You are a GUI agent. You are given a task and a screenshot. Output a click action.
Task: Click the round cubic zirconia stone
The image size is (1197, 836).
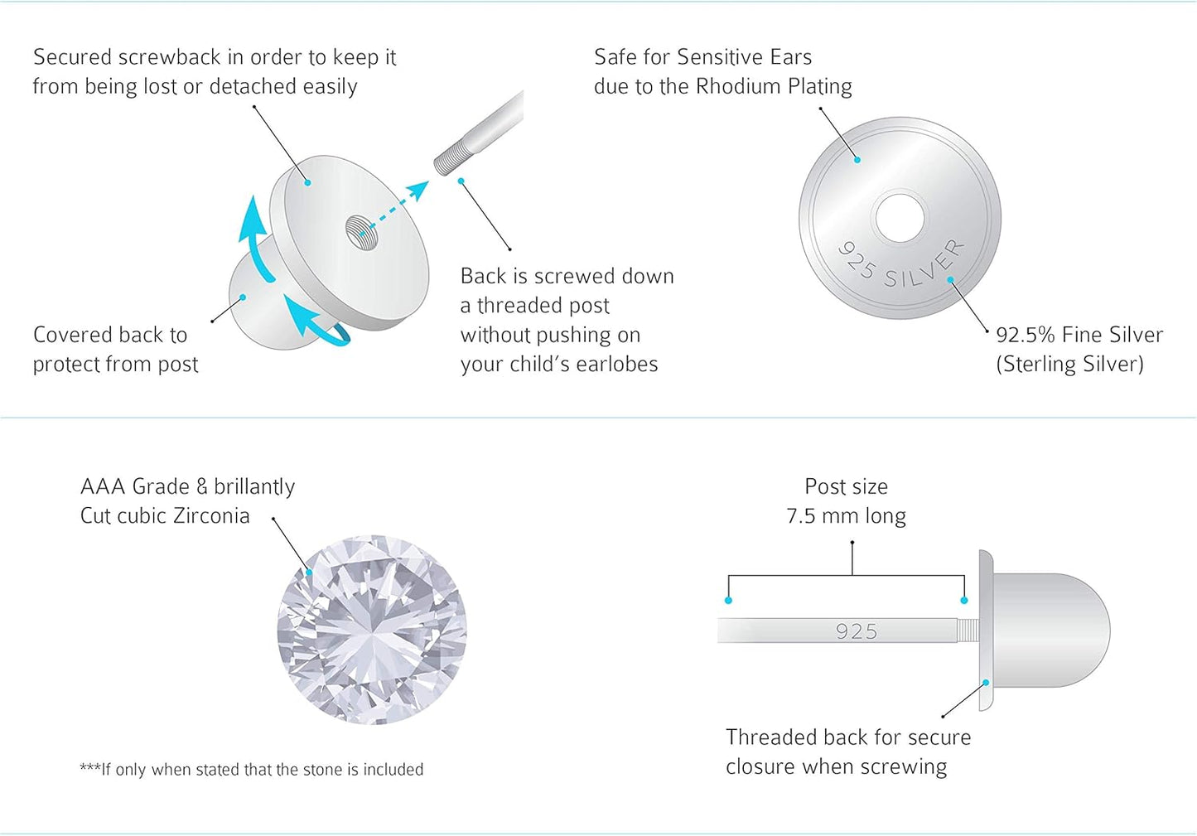pyautogui.click(x=372, y=630)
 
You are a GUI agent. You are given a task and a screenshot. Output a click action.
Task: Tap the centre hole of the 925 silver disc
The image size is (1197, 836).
pyautogui.click(x=900, y=218)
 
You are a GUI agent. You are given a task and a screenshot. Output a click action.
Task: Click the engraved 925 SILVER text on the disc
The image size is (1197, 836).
pyautogui.click(x=902, y=264)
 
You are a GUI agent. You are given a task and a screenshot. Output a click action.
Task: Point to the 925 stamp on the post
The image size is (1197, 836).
pyautogui.click(x=857, y=631)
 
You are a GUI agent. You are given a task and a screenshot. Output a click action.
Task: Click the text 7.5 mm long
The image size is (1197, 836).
pyautogui.click(x=847, y=516)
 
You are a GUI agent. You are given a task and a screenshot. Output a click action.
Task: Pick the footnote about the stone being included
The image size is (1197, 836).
pyautogui.click(x=252, y=770)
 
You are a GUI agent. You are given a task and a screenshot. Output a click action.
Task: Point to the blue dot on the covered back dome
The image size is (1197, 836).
pyautogui.click(x=243, y=297)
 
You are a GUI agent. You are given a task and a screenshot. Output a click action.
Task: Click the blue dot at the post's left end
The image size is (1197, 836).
pyautogui.click(x=728, y=600)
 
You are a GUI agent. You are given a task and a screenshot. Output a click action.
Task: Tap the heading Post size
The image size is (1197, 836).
pyautogui.click(x=847, y=487)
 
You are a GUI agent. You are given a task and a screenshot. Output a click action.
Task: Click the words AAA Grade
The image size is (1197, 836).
pyautogui.click(x=135, y=487)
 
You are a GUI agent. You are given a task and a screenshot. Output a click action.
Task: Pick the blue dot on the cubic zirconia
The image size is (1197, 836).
pyautogui.click(x=309, y=573)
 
